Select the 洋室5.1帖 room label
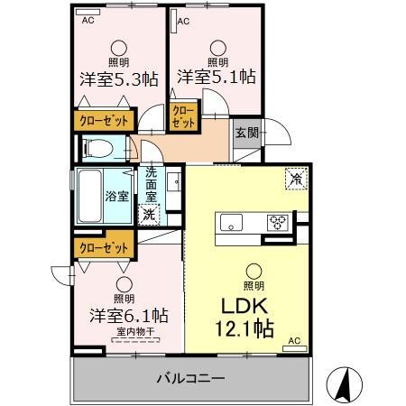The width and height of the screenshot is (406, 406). [x=217, y=78]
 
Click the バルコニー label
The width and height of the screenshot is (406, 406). [x=189, y=379]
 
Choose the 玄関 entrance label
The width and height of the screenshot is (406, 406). [x=246, y=132]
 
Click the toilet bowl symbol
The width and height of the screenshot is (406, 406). [x=98, y=147]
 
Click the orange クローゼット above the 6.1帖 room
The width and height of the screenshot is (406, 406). [x=102, y=245]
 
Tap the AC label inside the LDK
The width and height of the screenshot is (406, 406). [x=291, y=340]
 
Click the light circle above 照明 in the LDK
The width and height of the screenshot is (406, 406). [x=255, y=270]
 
